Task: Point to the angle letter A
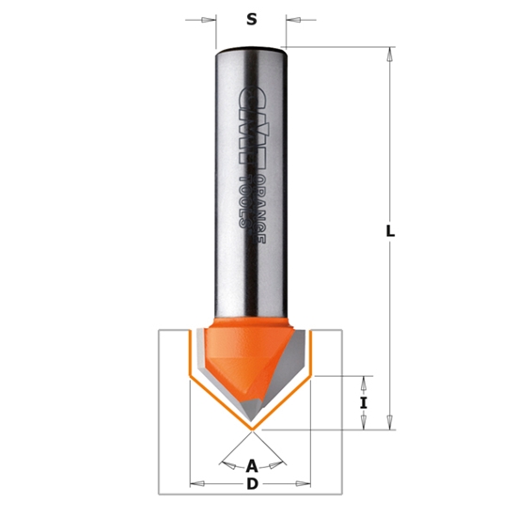pyautogui.click(x=251, y=464)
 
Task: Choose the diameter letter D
pyautogui.click(x=251, y=484)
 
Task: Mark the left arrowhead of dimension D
pyautogui.click(x=194, y=484)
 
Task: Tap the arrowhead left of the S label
pyautogui.click(x=209, y=19)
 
